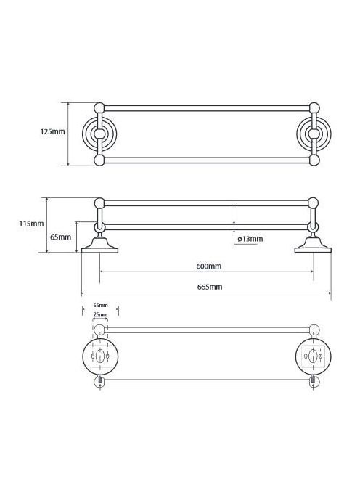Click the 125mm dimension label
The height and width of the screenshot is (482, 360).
52,131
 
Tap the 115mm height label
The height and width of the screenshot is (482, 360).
31,224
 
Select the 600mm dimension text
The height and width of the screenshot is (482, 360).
209,266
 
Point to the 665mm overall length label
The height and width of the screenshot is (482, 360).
209,287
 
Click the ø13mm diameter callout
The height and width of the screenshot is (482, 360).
250,239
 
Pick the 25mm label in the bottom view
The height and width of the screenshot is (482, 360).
101,315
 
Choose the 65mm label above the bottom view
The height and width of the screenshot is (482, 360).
101,306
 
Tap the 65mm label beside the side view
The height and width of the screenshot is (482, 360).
60,237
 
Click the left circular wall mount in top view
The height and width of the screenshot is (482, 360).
99,134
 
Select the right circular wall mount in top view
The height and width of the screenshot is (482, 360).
314,134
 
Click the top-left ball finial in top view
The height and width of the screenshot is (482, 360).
99,108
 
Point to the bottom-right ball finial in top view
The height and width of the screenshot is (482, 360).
314,160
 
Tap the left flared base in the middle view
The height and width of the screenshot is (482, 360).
99,245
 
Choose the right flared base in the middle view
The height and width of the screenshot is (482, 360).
313,245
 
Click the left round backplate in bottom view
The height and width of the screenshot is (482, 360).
100,356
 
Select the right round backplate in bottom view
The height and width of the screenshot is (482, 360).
314,356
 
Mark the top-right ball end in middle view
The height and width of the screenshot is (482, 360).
313,203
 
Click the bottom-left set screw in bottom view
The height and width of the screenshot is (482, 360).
99,381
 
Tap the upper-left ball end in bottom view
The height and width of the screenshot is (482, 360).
99,330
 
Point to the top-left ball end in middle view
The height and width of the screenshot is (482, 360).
99,203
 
